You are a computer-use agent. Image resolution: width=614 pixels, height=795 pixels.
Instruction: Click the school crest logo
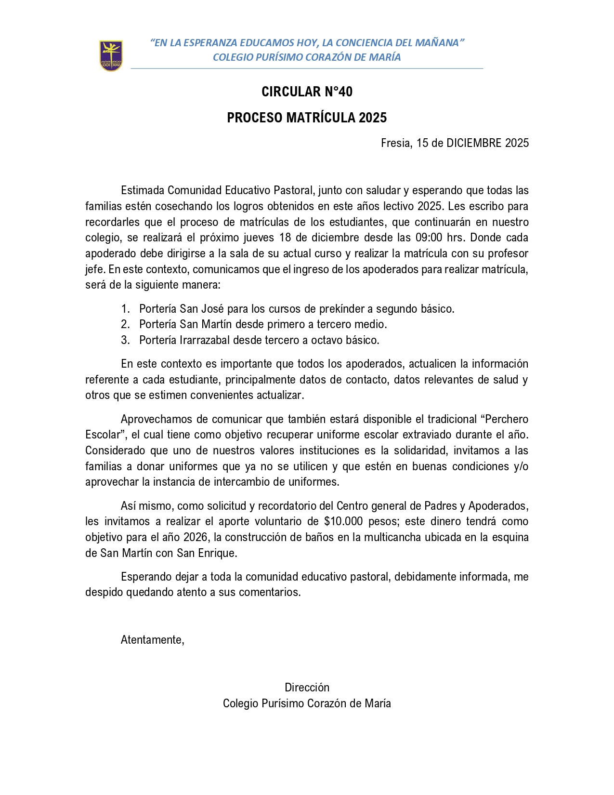click(111, 55)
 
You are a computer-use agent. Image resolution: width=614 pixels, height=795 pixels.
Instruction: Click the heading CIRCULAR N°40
click(307, 92)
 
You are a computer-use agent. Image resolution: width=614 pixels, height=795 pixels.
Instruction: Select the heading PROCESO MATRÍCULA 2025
click(307, 118)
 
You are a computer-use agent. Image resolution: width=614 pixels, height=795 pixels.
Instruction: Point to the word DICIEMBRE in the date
click(474, 143)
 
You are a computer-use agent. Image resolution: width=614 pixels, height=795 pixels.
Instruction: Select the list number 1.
click(125, 309)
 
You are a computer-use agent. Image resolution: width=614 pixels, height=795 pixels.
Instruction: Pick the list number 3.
click(125, 340)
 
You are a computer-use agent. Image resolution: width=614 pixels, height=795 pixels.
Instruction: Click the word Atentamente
click(152, 640)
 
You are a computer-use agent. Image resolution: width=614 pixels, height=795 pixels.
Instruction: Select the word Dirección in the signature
click(307, 688)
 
